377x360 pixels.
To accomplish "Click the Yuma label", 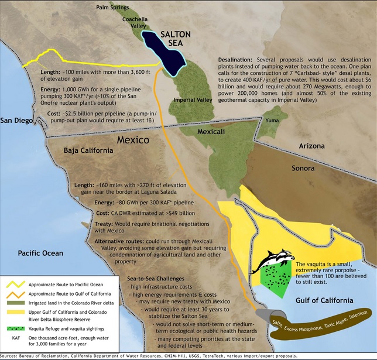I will point(273,121).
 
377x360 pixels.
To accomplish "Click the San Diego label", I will point(18,121).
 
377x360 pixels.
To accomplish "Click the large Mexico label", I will point(136,140).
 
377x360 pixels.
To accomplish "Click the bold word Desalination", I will point(236,60).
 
